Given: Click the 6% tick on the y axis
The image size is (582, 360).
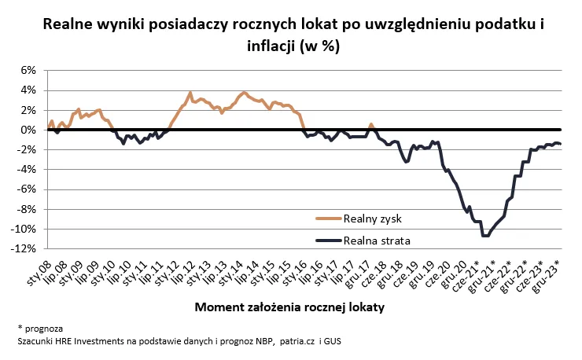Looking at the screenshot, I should click(x=28, y=70).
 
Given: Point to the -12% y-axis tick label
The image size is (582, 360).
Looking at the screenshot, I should click(x=24, y=248).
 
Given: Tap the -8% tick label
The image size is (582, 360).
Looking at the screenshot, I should click(x=27, y=209).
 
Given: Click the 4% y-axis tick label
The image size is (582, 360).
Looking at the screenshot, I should click(x=28, y=90).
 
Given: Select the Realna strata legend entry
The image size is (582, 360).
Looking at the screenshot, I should click(x=377, y=240).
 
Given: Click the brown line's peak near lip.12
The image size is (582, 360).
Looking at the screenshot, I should click(x=190, y=93).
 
